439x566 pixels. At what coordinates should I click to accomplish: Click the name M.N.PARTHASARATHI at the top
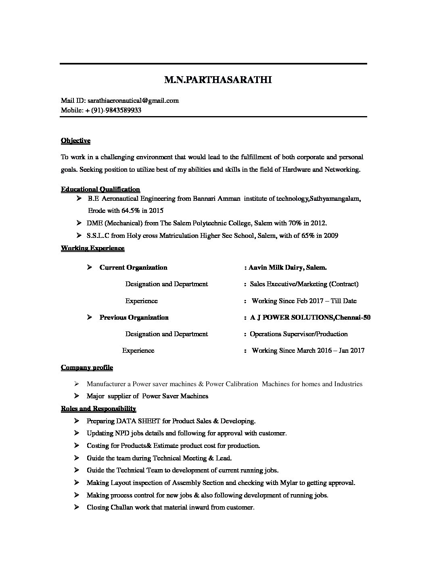(x=218, y=80)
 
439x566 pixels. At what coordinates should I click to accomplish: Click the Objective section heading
(x=75, y=141)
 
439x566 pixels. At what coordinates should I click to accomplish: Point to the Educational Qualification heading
(x=100, y=189)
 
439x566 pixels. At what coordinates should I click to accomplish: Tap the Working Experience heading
(x=92, y=248)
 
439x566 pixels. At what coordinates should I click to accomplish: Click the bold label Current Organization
(x=133, y=267)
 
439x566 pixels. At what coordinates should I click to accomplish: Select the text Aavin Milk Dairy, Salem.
(x=288, y=267)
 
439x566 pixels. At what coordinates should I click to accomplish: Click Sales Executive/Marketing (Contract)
(x=304, y=284)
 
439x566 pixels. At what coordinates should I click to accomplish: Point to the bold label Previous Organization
(x=134, y=317)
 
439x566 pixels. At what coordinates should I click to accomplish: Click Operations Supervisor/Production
(x=299, y=334)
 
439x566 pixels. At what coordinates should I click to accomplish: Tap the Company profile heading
(x=87, y=367)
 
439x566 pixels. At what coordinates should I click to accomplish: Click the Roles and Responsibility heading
(x=98, y=408)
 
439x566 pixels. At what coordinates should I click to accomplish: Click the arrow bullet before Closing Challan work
(x=77, y=507)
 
